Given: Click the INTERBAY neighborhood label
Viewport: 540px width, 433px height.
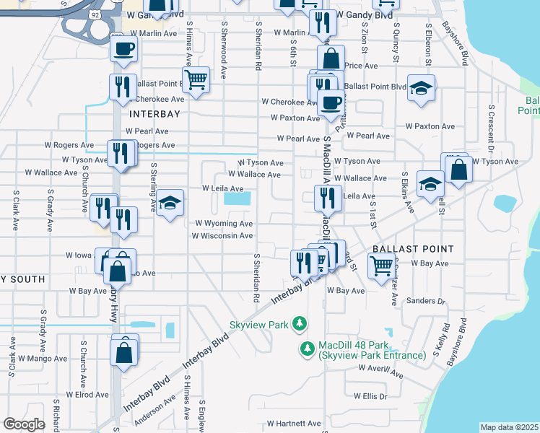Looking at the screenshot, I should point(154,114).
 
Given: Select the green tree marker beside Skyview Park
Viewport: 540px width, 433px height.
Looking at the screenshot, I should point(299,325).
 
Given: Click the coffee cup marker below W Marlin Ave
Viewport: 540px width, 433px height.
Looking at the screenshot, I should point(123,48).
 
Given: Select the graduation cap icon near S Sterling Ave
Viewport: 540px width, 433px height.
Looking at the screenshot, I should point(170,205).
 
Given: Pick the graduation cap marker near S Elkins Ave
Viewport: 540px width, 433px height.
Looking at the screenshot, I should point(430,183).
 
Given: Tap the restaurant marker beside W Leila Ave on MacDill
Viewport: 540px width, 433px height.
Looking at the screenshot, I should point(327,196).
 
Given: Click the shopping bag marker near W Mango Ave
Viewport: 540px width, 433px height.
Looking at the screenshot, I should point(124,353).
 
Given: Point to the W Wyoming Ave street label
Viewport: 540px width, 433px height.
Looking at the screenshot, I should point(222,224).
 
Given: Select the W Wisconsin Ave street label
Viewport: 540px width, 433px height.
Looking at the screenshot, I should point(222,235).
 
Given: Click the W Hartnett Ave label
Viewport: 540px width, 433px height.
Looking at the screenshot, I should point(293,423).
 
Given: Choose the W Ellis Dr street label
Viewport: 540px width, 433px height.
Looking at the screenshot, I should point(370,396).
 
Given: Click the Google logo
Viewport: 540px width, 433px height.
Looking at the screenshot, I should point(24,424).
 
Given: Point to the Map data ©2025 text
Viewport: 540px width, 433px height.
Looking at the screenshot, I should point(509,427).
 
